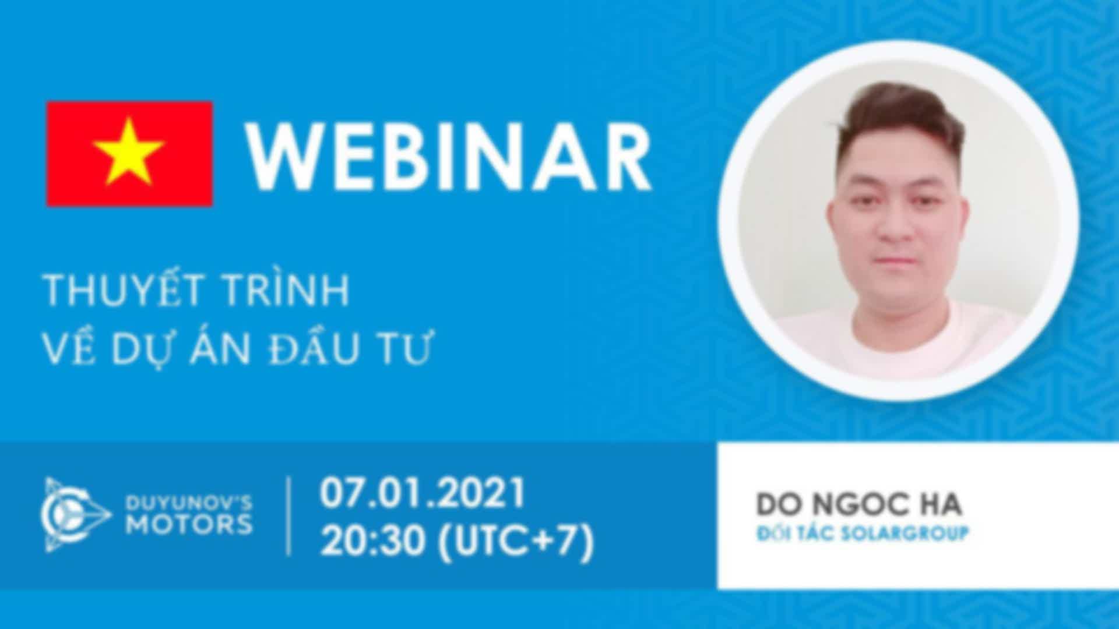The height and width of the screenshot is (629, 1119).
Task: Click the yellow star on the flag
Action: click(x=129, y=153)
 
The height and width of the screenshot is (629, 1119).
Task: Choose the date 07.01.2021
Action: click(x=423, y=492)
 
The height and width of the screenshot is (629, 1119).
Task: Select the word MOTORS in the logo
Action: click(x=189, y=525)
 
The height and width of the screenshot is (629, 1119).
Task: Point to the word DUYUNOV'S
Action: click(x=189, y=502)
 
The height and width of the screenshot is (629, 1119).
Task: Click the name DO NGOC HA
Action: click(x=858, y=504)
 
